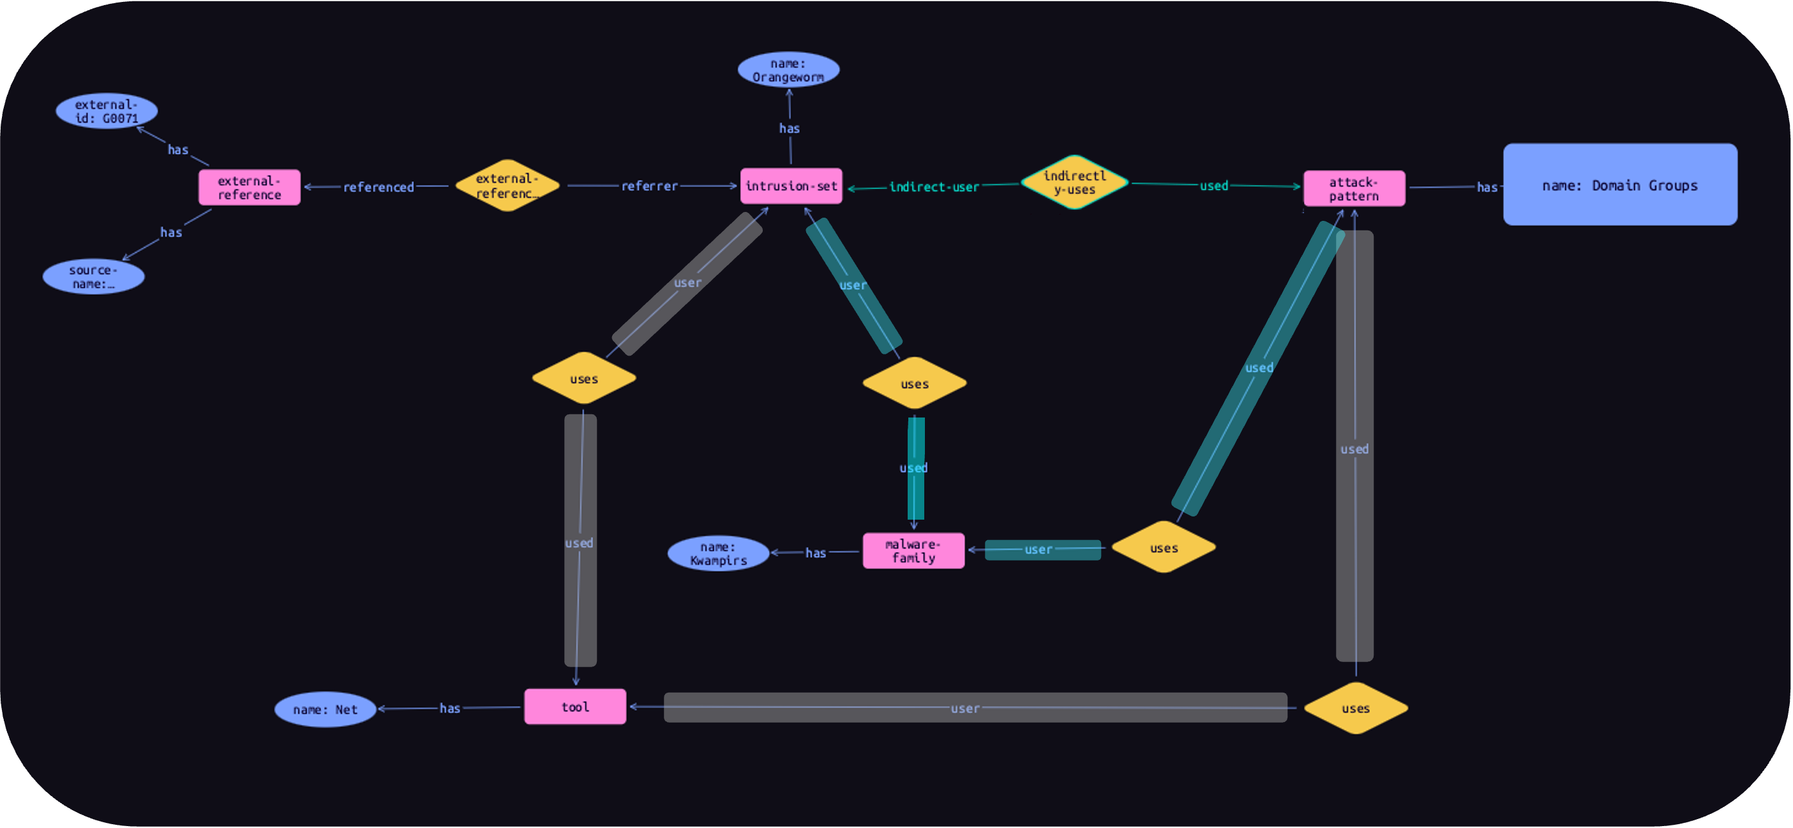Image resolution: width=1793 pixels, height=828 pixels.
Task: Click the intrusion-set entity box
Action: pyautogui.click(x=791, y=186)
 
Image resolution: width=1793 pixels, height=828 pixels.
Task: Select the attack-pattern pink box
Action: pyautogui.click(x=1354, y=189)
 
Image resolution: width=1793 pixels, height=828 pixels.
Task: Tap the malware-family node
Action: pyautogui.click(x=913, y=551)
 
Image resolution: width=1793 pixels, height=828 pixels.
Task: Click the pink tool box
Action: pyautogui.click(x=575, y=707)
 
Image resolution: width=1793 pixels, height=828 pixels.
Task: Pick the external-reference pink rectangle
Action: pyautogui.click(x=249, y=187)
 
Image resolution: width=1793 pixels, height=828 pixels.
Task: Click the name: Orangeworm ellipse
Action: pyautogui.click(x=788, y=70)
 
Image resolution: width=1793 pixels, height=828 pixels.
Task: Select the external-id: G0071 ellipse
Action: pyautogui.click(x=107, y=110)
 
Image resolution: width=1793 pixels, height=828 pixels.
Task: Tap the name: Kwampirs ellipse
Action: pyautogui.click(x=718, y=553)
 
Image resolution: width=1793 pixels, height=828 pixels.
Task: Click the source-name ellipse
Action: pyautogui.click(x=93, y=276)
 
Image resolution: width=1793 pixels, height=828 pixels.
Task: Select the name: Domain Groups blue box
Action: pyautogui.click(x=1619, y=184)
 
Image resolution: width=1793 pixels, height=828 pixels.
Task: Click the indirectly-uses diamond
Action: pyautogui.click(x=1074, y=183)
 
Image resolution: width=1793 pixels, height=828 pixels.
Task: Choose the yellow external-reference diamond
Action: pyautogui.click(x=507, y=186)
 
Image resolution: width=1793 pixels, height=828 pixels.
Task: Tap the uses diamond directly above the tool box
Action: pyautogui.click(x=583, y=378)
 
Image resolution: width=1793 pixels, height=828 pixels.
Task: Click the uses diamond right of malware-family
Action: pyautogui.click(x=1163, y=547)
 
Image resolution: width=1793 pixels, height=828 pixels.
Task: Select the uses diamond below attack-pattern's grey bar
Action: pyautogui.click(x=1355, y=708)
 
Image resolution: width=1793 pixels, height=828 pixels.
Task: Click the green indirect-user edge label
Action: pyautogui.click(x=934, y=186)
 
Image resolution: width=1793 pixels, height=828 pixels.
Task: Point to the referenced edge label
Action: pyautogui.click(x=378, y=186)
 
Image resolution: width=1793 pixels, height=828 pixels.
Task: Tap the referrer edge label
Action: pyautogui.click(x=649, y=186)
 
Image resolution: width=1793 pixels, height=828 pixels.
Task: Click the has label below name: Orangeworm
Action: pyautogui.click(x=790, y=128)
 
